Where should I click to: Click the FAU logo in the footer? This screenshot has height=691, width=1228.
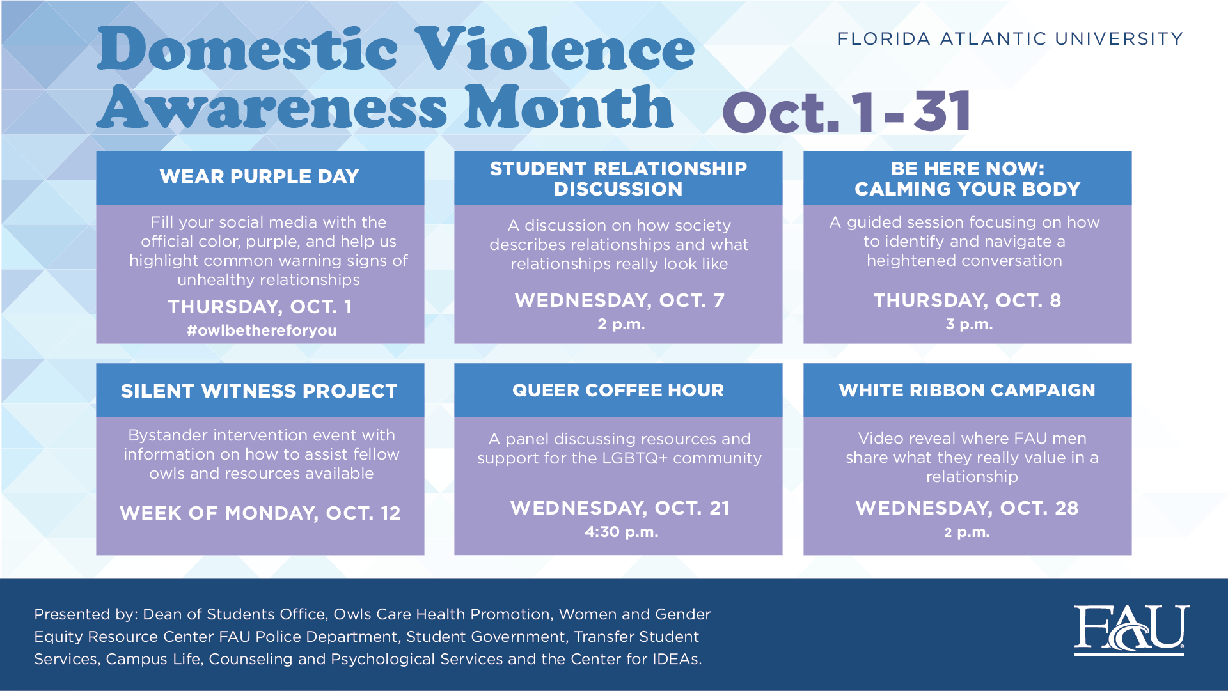[x=1131, y=630]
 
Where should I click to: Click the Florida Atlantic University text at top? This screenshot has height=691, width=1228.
[x=1011, y=39]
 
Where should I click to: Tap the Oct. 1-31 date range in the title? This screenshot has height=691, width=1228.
[x=847, y=112]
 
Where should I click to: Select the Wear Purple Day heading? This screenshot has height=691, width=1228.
[x=260, y=176]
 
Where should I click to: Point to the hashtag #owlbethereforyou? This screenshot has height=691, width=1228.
[x=262, y=330]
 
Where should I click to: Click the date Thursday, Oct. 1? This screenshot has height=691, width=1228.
[x=260, y=307]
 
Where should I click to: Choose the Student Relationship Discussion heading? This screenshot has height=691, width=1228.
[x=618, y=179]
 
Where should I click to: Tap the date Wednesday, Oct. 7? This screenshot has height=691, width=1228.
[x=620, y=300]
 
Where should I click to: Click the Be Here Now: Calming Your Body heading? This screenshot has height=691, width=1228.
[x=968, y=179]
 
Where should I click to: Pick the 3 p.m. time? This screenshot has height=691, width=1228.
[x=970, y=324]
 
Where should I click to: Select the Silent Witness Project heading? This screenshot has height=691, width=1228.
[x=260, y=391]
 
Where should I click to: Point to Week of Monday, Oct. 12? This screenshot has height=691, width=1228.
[x=260, y=513]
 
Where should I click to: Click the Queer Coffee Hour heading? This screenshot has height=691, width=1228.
[x=618, y=391]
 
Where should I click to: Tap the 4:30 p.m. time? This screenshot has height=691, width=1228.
[x=622, y=532]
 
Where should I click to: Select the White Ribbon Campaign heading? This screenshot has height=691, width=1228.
[x=968, y=391]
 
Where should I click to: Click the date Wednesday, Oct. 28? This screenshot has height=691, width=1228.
[x=968, y=508]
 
